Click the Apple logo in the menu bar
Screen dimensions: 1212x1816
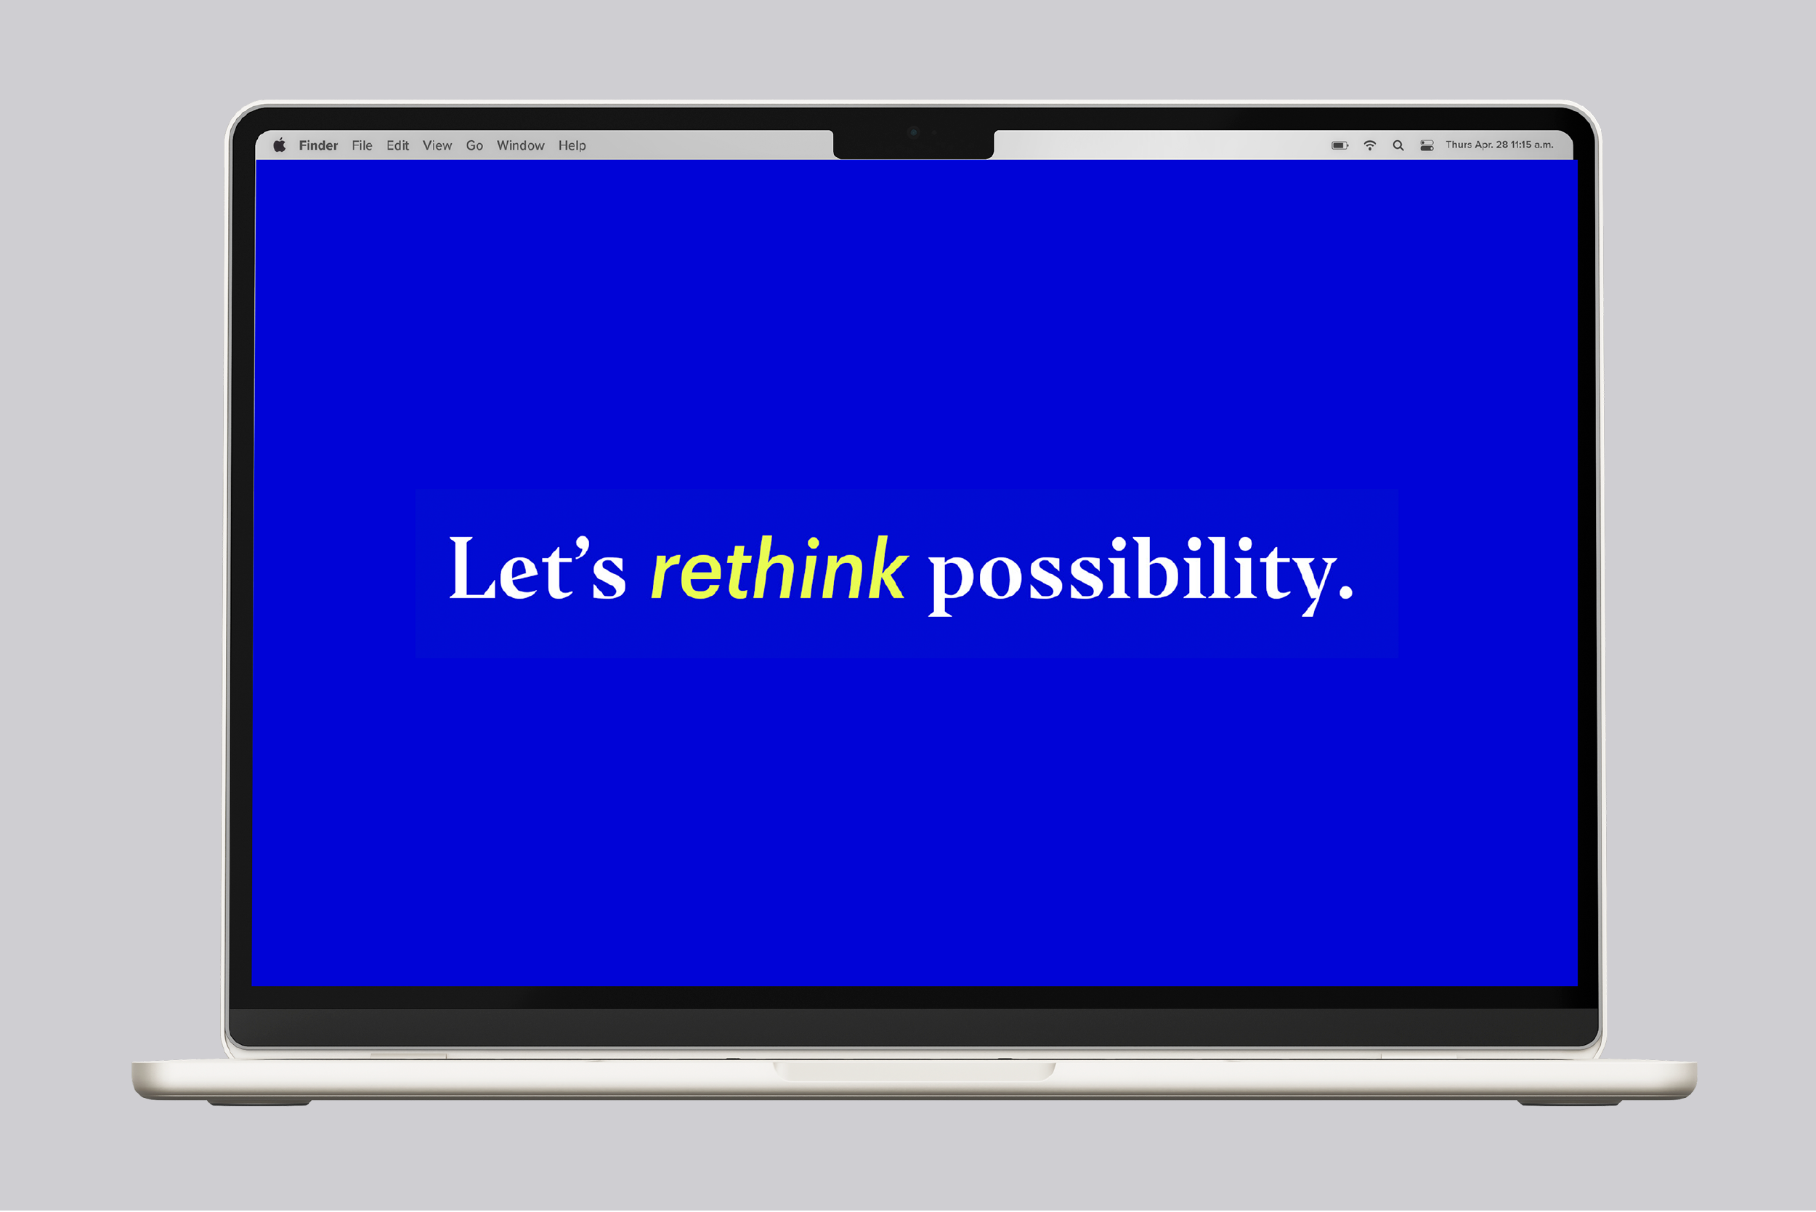[280, 145]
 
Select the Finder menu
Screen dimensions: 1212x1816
[318, 145]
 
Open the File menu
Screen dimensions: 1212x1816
[362, 145]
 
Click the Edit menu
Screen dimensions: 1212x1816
[397, 145]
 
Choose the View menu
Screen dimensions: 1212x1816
[437, 145]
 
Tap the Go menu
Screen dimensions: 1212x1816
[474, 145]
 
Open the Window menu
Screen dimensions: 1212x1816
[520, 145]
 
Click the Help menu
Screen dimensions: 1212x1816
[572, 145]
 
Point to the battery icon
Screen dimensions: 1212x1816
[1339, 145]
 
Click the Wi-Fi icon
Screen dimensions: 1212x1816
[1369, 145]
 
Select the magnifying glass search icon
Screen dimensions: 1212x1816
[1398, 145]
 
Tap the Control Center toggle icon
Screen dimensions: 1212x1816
[1427, 145]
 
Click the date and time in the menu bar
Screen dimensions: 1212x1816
[1499, 145]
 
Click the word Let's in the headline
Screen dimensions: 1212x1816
[537, 569]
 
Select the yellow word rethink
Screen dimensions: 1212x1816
[778, 569]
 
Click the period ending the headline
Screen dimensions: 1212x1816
[1345, 591]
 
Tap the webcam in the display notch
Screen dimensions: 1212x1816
[913, 132]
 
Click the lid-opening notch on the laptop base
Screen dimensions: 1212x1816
[915, 1070]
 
